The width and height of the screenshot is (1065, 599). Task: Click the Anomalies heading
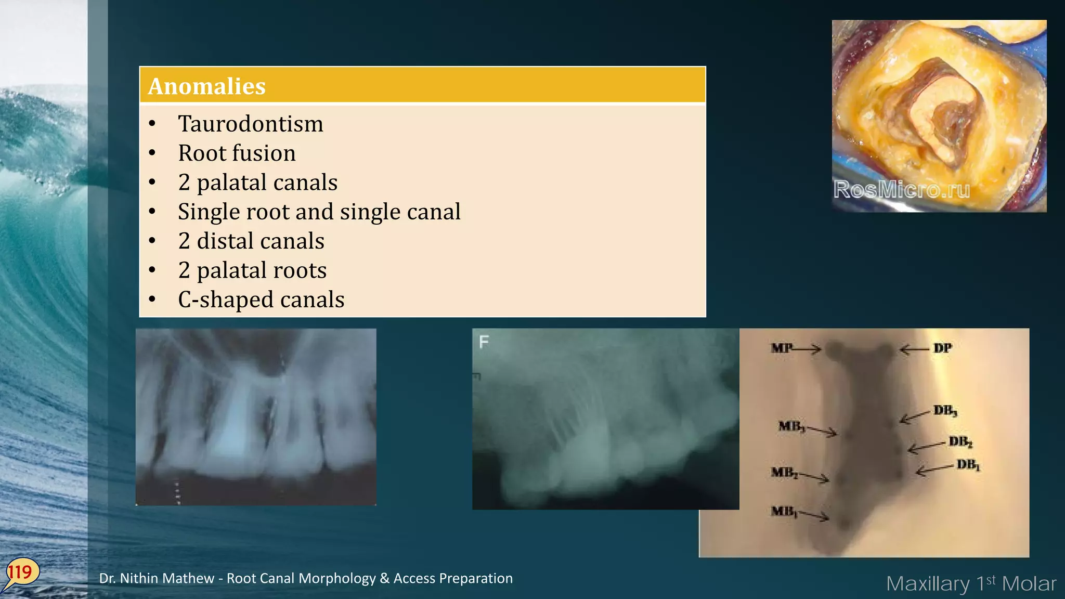(x=207, y=86)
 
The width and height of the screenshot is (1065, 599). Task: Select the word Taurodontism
(x=251, y=124)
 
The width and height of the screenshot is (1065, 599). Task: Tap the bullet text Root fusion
(x=237, y=153)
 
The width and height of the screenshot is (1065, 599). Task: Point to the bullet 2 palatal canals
(x=257, y=183)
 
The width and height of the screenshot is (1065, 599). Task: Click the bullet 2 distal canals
(x=251, y=241)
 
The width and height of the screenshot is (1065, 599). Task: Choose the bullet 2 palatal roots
(x=252, y=270)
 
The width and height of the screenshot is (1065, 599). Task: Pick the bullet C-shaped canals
(x=261, y=299)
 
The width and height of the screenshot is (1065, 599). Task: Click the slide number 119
(x=20, y=572)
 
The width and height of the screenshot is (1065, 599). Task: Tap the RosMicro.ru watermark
(x=902, y=190)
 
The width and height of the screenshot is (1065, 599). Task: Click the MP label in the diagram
(x=782, y=348)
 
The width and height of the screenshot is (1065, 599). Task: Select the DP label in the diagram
(x=942, y=348)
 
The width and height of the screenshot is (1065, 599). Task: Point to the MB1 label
(x=784, y=512)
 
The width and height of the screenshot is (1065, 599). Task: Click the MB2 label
(x=784, y=473)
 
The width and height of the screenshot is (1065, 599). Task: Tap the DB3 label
(x=945, y=411)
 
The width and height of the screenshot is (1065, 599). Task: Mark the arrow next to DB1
(x=934, y=470)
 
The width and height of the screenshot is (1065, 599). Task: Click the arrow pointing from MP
(x=807, y=348)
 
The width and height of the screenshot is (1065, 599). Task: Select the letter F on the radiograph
(x=484, y=342)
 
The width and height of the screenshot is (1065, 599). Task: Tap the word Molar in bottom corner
(x=1029, y=584)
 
